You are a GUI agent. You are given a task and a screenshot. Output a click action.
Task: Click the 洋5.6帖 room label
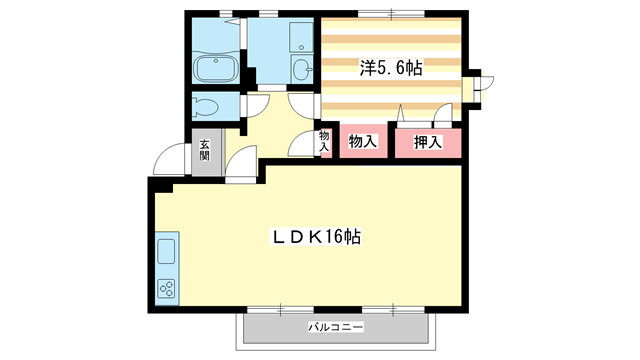coord(391,68)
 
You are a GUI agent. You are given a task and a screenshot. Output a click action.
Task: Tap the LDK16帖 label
coord(318,237)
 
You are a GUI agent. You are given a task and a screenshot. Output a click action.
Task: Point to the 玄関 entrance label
coord(204,151)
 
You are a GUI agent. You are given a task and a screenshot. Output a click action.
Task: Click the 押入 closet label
coord(428,142)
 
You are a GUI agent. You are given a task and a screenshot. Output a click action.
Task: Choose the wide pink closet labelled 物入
coord(362,142)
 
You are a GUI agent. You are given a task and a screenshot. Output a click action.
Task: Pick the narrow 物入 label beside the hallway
coord(324,141)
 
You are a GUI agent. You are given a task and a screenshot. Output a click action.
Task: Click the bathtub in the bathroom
coord(213,70)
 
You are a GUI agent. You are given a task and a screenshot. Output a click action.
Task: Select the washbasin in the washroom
coord(301,68)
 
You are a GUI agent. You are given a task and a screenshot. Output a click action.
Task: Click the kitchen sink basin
coord(166,249)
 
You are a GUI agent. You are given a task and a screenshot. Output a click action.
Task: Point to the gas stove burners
coord(166,289)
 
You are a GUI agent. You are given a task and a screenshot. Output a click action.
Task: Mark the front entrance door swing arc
coord(171,161)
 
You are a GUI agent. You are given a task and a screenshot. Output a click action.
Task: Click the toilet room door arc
coord(255,104)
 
